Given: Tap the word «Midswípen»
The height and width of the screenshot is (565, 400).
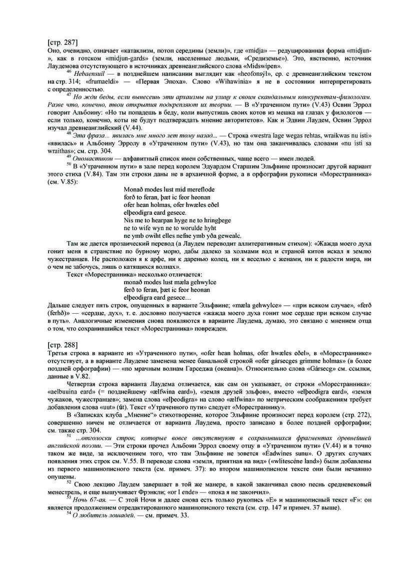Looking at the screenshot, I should click(x=264, y=65).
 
